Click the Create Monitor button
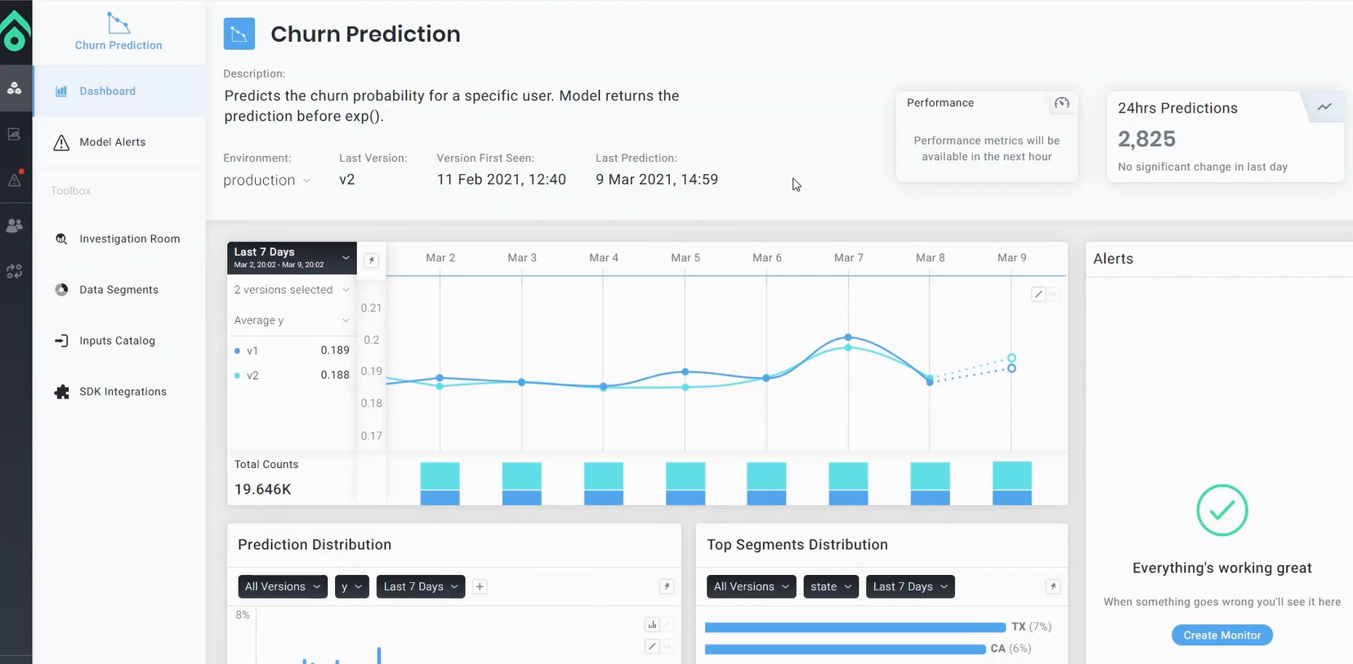1221,635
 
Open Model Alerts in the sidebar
112,142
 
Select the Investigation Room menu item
129,239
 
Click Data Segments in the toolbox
118,290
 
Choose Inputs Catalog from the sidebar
117,341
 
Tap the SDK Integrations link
123,392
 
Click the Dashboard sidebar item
107,91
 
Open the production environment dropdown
266,180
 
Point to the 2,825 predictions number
1146,140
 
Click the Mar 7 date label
848,258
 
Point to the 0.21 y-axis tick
371,308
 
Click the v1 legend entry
252,351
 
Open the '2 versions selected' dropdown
291,290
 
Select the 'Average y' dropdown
291,321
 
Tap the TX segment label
1018,627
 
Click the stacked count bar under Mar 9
1011,483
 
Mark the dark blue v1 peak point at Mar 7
848,337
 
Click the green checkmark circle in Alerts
1221,510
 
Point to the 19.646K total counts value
262,489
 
